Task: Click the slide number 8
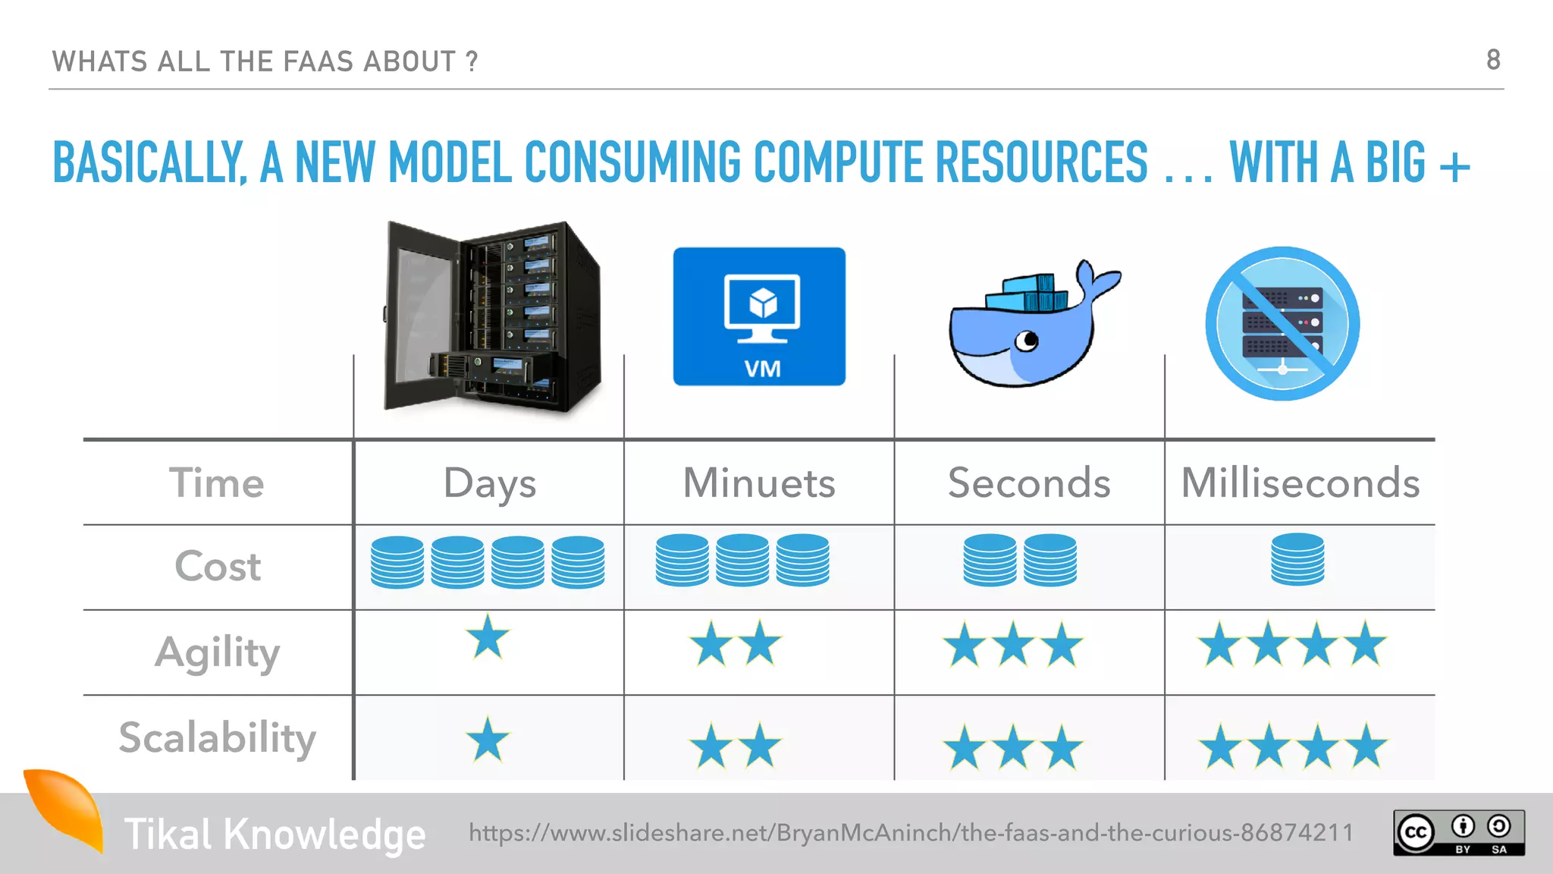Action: coord(1492,60)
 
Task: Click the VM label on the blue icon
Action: coord(762,369)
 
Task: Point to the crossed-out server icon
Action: coord(1282,324)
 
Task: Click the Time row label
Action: coord(217,483)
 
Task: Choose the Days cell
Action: coord(490,483)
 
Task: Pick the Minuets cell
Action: coord(759,483)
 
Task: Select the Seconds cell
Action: coord(1029,483)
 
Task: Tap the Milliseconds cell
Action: coord(1300,483)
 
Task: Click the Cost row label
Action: coord(218,567)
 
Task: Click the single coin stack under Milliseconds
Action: coord(1297,560)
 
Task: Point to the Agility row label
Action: coord(218,652)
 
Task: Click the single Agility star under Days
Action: coord(488,638)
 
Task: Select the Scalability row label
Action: coord(218,737)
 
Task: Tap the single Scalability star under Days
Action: coord(488,740)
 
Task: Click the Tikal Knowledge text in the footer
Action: coord(275,835)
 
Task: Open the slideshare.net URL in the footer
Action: coord(911,833)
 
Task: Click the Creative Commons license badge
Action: coord(1458,833)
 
